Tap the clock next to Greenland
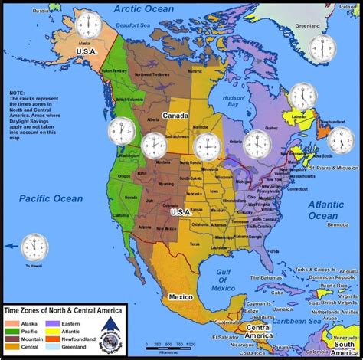[x=322, y=47]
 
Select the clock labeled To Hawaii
[x=34, y=247]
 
